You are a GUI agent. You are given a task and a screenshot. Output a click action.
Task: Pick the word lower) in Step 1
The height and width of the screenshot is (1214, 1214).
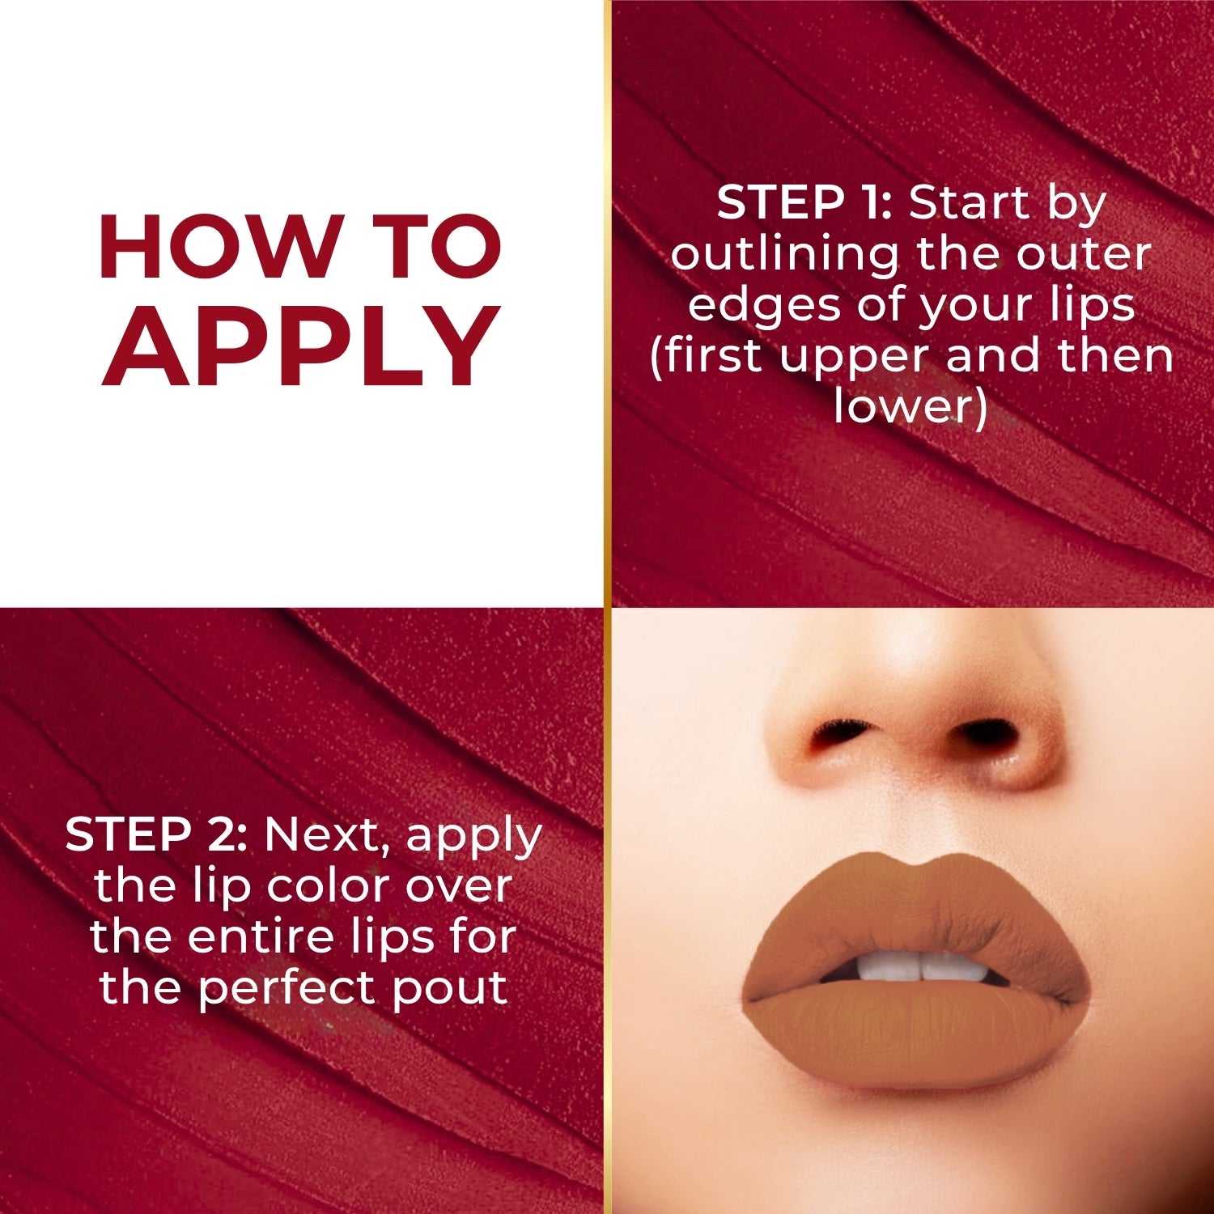[910, 406]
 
